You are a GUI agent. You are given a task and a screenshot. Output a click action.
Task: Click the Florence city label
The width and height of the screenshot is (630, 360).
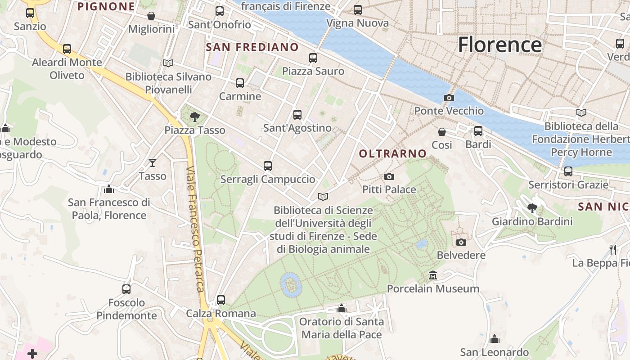pos(499,45)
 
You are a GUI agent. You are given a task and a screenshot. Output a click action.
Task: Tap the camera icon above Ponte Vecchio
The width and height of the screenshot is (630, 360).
pos(449,98)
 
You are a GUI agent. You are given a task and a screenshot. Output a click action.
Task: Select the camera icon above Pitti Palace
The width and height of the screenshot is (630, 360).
pos(389,176)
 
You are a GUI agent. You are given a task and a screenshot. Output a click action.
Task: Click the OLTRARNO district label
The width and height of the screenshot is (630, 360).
pos(392,153)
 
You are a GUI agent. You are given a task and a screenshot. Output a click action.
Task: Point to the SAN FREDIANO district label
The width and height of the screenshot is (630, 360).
pos(252,47)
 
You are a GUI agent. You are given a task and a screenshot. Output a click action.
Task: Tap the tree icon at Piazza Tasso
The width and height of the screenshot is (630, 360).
pos(194,117)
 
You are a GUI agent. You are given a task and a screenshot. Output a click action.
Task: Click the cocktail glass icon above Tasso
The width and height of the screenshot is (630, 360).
pos(153,162)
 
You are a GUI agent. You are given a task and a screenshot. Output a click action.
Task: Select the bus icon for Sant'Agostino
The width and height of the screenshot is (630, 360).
pos(297,115)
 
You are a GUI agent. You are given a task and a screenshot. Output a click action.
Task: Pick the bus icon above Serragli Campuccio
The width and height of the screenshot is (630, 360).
pos(268,166)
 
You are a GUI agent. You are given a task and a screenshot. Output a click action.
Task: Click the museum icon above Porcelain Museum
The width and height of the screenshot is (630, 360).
pos(433,275)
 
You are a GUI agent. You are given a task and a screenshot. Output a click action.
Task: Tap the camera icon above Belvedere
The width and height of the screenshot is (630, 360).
pos(461,242)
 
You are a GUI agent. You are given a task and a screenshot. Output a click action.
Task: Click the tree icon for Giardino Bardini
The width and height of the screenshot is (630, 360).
pos(532,208)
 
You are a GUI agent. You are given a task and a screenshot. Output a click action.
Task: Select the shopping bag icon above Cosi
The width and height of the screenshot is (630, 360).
pos(442,131)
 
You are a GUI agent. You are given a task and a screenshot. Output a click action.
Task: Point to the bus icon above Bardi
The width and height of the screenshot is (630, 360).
pos(478,131)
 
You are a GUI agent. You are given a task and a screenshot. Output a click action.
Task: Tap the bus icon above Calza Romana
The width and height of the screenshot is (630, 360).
pos(220,300)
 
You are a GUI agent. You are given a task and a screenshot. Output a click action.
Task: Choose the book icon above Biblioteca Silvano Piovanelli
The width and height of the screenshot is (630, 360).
pos(168,63)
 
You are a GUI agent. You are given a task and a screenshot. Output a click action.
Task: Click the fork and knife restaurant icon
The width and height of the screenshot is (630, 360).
pos(612,249)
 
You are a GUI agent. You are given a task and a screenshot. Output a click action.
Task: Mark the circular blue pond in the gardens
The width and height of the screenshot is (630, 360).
pos(290,284)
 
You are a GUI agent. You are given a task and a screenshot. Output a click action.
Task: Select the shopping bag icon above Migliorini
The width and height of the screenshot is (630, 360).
pos(151,16)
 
